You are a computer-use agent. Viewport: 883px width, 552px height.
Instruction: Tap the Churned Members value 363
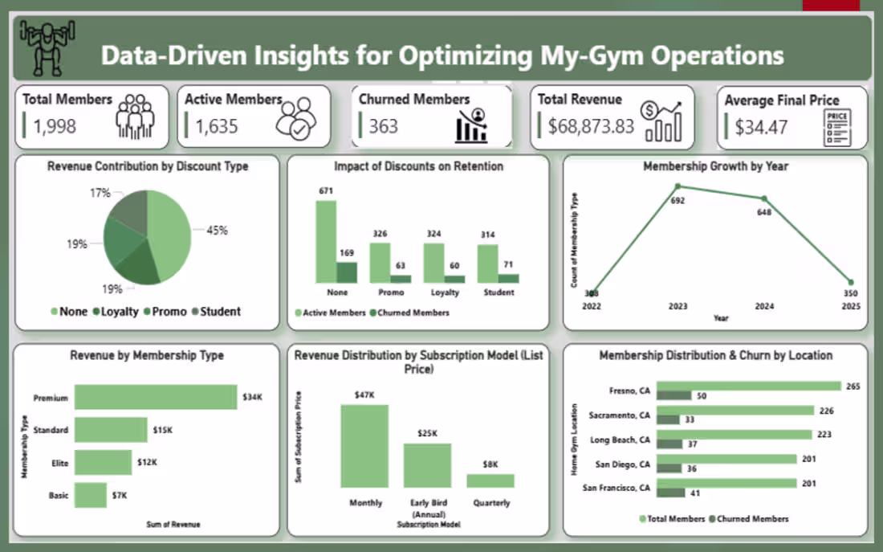[383, 126]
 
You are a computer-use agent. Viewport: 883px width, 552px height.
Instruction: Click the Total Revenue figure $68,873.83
[591, 126]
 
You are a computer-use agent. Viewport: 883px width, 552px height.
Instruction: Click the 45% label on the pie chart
[218, 230]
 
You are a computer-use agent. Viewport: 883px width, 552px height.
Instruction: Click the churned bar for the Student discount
[508, 278]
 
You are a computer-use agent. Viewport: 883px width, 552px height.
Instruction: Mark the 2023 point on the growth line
[678, 186]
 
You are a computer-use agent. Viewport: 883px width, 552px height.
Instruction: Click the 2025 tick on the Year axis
[850, 306]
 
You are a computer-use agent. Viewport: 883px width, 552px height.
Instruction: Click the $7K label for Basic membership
[120, 495]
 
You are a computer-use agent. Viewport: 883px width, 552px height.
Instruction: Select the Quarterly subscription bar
[490, 480]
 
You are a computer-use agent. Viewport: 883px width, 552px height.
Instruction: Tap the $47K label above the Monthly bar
[364, 395]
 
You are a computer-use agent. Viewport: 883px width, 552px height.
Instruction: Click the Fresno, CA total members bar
[748, 386]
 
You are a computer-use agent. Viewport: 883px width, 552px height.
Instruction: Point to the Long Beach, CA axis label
[621, 440]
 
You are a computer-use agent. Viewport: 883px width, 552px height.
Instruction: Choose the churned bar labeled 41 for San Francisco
[671, 493]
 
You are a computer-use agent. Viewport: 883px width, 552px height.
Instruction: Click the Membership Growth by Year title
[715, 166]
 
